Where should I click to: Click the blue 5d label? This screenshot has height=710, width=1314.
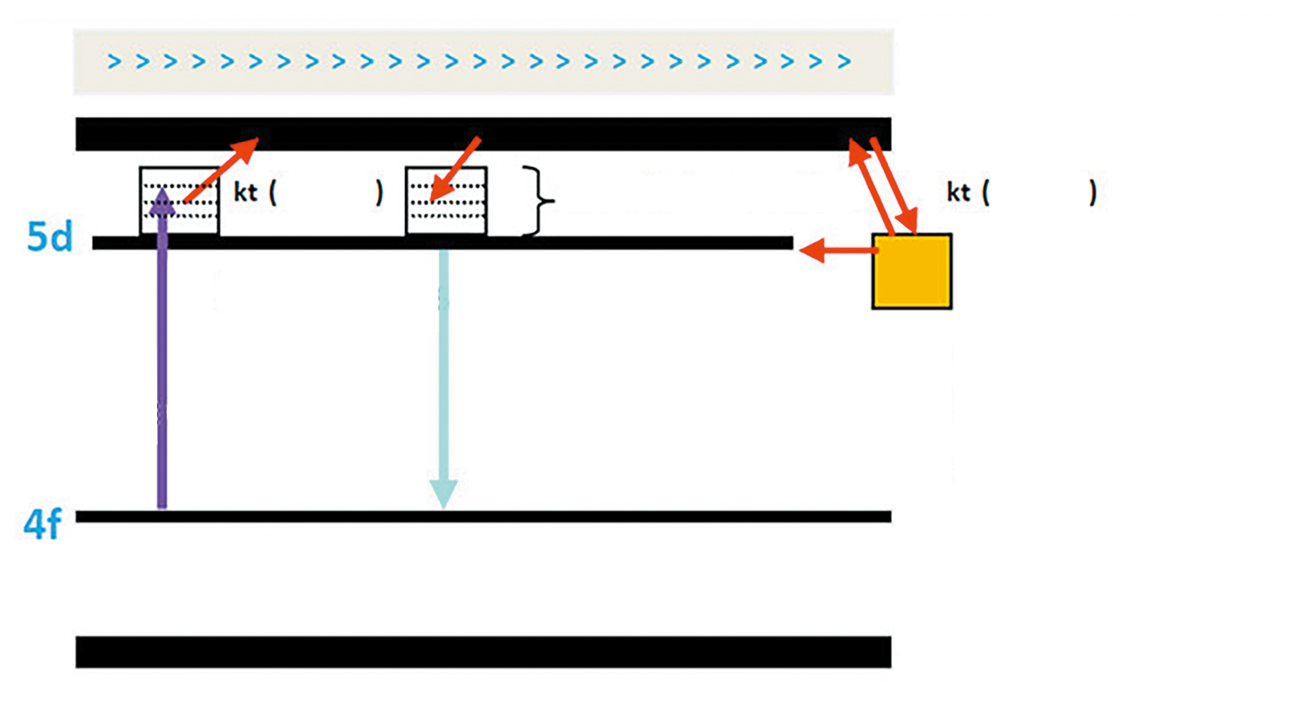tap(49, 237)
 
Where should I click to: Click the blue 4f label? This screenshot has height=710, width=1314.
tap(43, 524)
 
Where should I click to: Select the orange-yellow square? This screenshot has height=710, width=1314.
tap(912, 271)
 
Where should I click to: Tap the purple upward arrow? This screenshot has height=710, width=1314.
tap(162, 366)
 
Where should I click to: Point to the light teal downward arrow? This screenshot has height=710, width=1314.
tap(443, 380)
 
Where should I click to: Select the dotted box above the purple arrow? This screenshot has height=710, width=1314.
tap(179, 201)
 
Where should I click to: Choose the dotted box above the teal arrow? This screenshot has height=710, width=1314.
tap(446, 201)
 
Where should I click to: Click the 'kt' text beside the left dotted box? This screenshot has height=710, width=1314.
tap(245, 192)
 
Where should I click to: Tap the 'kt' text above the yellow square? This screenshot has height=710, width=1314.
tap(958, 192)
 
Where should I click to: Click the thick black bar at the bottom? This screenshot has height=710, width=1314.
tap(483, 652)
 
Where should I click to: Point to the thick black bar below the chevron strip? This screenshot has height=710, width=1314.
tap(483, 134)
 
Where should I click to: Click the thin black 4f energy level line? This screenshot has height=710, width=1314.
tap(483, 516)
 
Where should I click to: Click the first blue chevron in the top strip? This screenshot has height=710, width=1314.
tap(115, 62)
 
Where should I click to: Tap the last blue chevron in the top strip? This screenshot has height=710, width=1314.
tap(844, 62)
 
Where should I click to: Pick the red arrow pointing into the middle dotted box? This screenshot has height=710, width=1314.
tap(456, 168)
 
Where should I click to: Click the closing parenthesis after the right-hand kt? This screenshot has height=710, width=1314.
tap(1092, 192)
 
